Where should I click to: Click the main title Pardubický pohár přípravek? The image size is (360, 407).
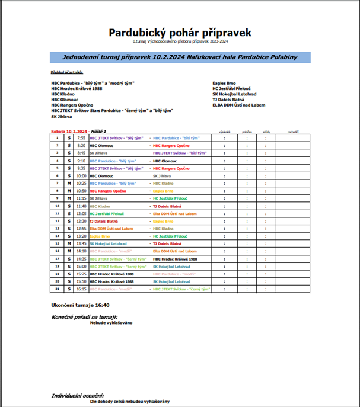180,32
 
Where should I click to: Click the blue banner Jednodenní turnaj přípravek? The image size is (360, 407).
180,57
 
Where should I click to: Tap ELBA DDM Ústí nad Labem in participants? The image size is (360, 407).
237,105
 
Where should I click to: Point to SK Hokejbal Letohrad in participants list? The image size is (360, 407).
234,94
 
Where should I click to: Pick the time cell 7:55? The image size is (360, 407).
81,138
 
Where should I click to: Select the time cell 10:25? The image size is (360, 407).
81,184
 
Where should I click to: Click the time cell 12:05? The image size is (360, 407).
81,213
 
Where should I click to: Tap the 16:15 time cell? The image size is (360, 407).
81,289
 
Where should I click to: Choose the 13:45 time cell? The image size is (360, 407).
81,243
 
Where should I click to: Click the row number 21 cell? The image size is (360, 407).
57,289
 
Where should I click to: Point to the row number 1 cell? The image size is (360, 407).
57,138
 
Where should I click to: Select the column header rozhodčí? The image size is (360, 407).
292,132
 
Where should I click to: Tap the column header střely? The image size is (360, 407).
266,132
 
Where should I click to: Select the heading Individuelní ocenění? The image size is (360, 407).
78,395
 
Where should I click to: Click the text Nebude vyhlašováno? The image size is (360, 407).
111,323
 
